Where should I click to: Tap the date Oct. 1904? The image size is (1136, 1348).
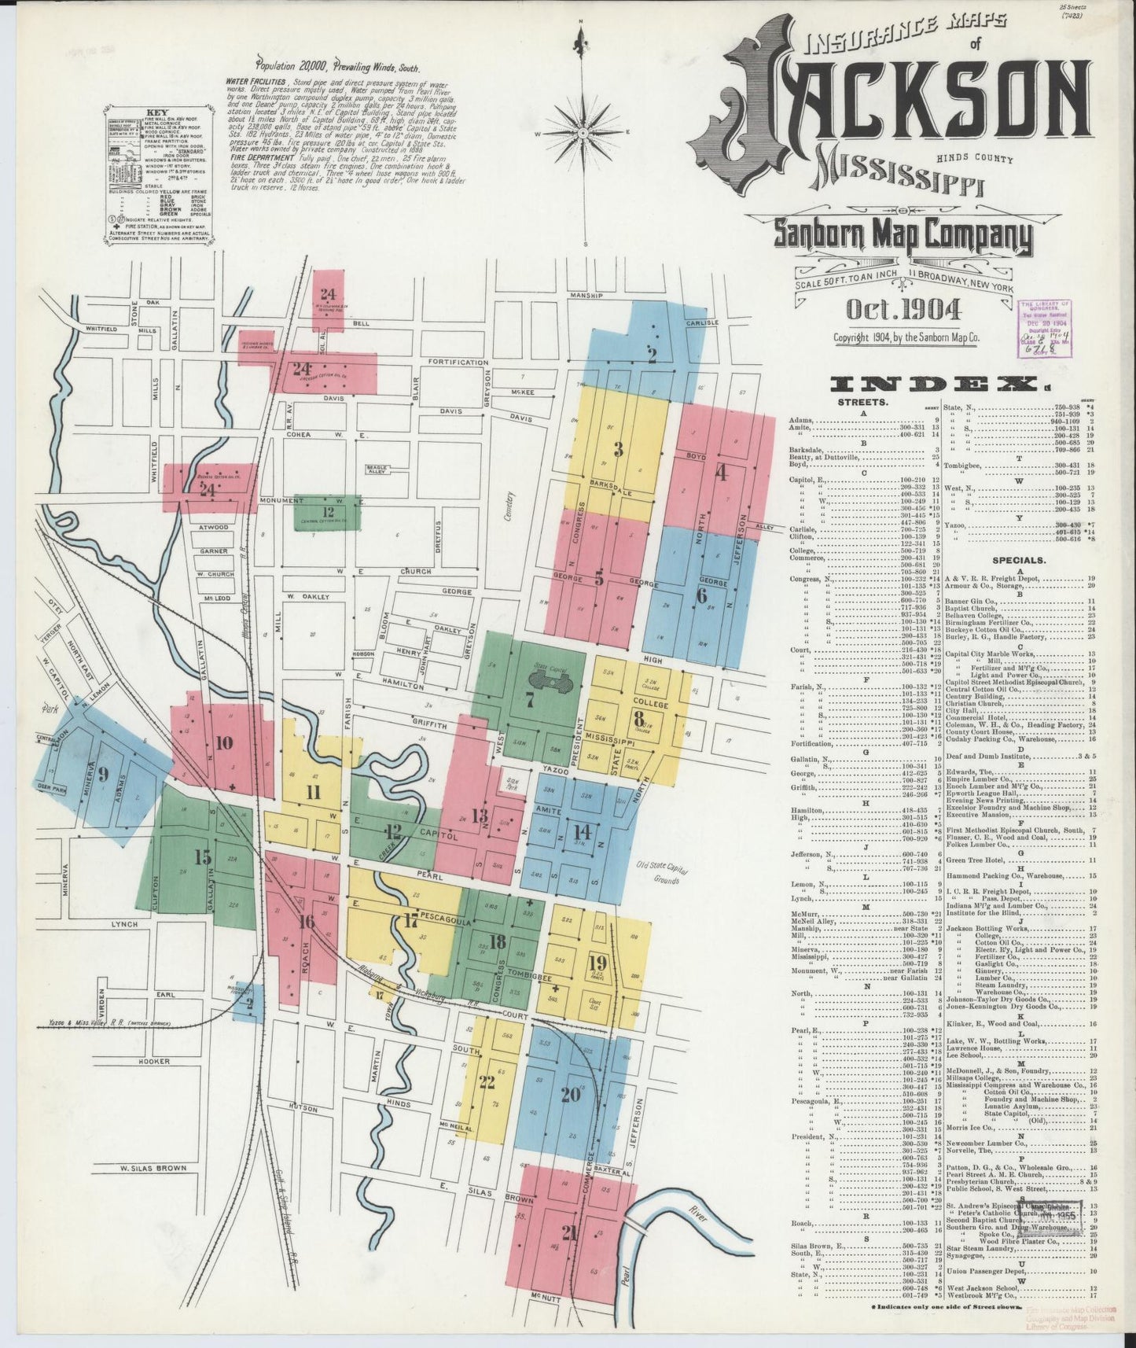(903, 309)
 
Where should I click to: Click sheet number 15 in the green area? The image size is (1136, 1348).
(202, 857)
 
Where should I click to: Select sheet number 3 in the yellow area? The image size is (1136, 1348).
(619, 450)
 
